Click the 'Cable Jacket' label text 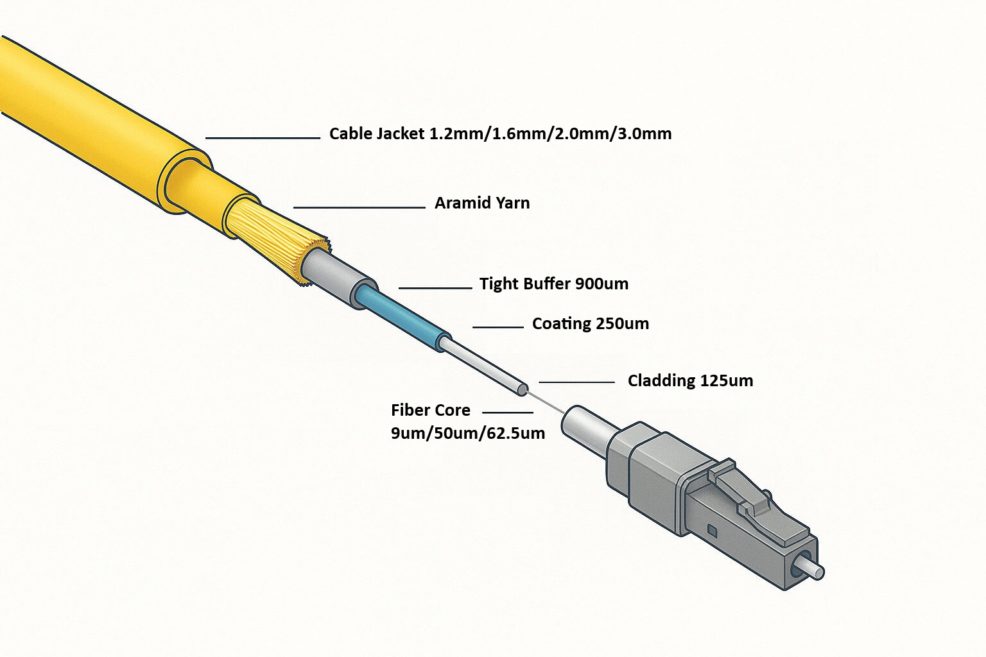coord(500,133)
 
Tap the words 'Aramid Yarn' coord(482,203)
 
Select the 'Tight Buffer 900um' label coord(553,284)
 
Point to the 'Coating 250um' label coord(590,323)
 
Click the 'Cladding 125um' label coord(690,380)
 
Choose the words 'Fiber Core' coord(430,410)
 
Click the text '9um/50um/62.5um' coord(467,433)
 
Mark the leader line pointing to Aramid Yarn coord(359,207)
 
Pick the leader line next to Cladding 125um coord(576,382)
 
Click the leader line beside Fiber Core coord(507,413)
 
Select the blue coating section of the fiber coord(401,314)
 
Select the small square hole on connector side coord(711,530)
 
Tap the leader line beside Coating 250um coord(498,327)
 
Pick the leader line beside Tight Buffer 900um coord(435,288)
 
